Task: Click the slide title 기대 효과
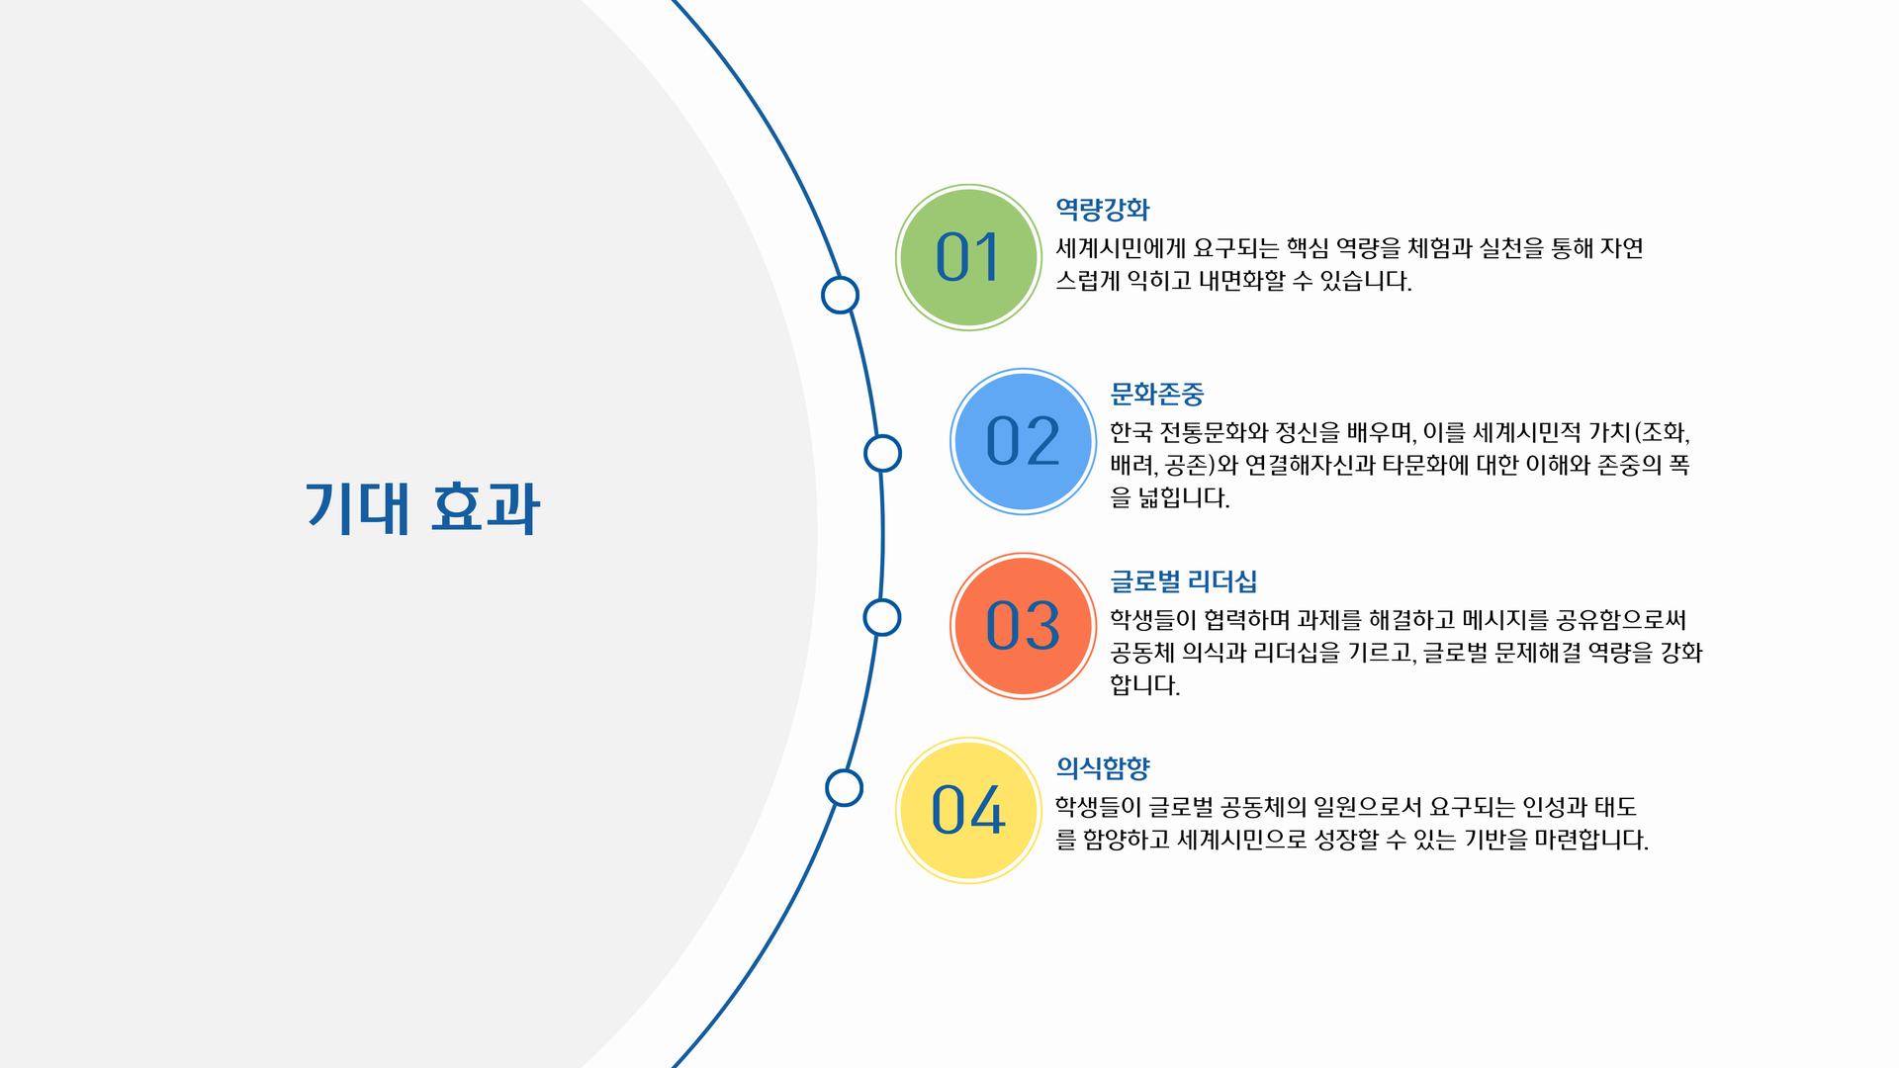click(422, 508)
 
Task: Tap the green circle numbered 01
click(968, 257)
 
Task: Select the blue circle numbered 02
click(1023, 441)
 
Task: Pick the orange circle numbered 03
click(1023, 626)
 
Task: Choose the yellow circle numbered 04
click(968, 810)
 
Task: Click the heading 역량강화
click(1102, 210)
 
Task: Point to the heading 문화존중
click(1156, 395)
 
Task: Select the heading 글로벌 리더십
click(1183, 581)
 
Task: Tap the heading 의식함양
click(1102, 767)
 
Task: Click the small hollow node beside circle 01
click(840, 295)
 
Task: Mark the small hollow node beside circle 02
click(882, 454)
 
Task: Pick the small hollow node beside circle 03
click(881, 618)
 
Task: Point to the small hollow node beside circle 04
click(844, 788)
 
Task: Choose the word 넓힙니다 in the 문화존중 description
click(1183, 497)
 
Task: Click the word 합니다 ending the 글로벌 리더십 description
click(1143, 684)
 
